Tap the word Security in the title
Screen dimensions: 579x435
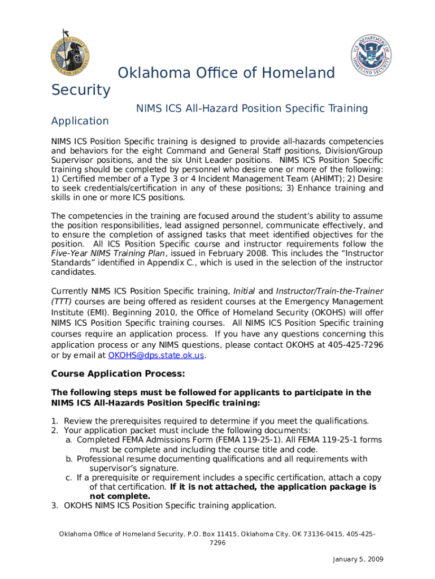(81, 90)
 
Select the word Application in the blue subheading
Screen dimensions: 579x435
(80, 121)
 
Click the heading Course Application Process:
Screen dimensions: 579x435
(118, 374)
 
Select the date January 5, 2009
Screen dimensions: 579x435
(358, 559)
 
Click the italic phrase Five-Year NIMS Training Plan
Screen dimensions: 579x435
(101, 253)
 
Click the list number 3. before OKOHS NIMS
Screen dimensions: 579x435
(55, 505)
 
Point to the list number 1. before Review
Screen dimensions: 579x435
(55, 421)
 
